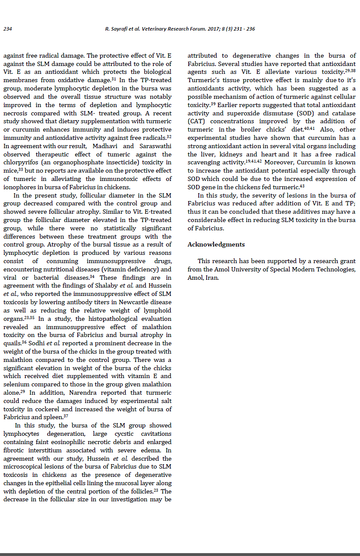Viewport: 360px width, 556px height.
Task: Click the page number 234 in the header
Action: click(7, 29)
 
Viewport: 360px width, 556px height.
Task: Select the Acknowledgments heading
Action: click(216, 244)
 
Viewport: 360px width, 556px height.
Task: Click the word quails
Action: click(12, 344)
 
